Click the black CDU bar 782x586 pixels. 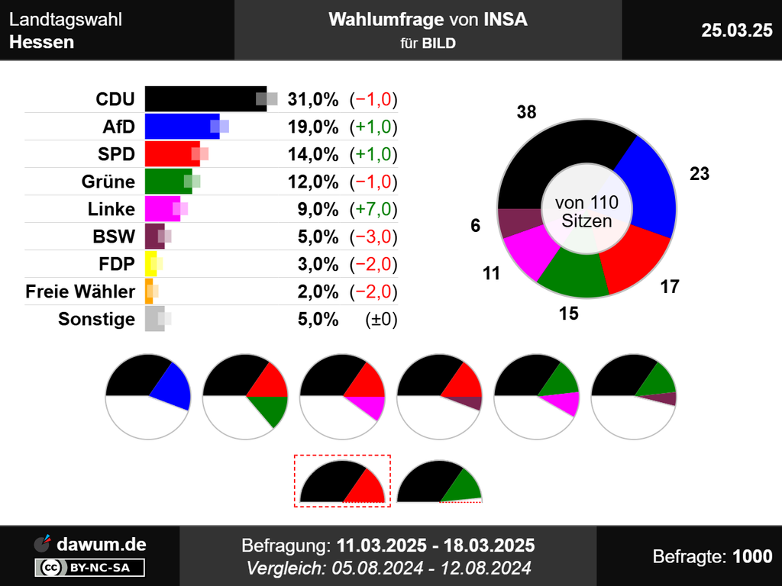click(x=205, y=99)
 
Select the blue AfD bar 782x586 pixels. click(x=182, y=127)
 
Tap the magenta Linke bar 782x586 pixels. click(x=162, y=209)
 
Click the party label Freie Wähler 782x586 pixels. click(x=80, y=291)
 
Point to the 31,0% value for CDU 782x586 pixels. click(x=312, y=99)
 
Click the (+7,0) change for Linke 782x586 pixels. click(x=373, y=209)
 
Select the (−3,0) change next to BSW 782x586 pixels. click(x=373, y=237)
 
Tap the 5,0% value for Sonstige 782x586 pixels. click(x=318, y=319)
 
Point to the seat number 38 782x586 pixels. click(x=526, y=113)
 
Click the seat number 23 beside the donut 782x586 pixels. click(x=699, y=174)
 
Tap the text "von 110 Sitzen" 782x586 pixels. click(x=586, y=212)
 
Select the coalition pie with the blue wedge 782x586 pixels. click(x=148, y=397)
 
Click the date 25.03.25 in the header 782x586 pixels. click(x=736, y=30)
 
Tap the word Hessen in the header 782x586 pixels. click(x=42, y=42)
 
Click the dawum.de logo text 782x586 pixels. click(x=101, y=544)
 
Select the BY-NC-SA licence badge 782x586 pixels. click(x=90, y=567)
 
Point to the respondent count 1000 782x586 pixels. click(x=752, y=557)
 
